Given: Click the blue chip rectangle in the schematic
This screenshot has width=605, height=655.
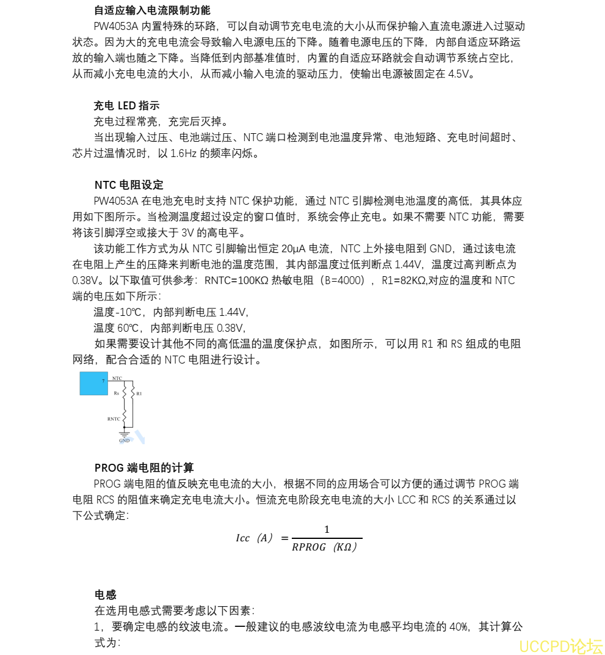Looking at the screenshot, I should [93, 383].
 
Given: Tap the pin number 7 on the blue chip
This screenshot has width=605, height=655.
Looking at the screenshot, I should [103, 381].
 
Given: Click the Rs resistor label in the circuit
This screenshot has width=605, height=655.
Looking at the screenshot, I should [116, 393].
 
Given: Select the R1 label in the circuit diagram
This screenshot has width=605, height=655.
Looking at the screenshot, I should [139, 393].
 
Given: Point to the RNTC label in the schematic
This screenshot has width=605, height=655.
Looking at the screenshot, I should [114, 419].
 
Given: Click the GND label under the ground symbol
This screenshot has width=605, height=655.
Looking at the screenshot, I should [124, 441].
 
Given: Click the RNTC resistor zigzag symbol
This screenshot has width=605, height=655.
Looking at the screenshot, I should [125, 418].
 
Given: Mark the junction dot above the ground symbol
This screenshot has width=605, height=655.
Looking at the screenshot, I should [125, 428].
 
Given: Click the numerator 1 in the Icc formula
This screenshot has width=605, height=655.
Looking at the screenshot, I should [327, 529].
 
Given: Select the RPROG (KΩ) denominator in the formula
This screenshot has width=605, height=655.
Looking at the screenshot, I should [324, 547].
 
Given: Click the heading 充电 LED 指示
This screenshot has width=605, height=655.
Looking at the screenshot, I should [126, 106].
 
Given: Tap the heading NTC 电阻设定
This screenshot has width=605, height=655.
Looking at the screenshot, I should [129, 185].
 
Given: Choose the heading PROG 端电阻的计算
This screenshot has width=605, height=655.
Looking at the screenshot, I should [144, 468].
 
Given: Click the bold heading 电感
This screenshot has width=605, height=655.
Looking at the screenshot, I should [105, 595].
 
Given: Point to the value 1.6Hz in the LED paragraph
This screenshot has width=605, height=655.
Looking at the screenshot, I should [183, 153].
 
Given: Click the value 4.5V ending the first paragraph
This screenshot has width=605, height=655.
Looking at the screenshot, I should [460, 74].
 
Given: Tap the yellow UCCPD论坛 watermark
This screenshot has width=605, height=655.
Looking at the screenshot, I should [560, 645].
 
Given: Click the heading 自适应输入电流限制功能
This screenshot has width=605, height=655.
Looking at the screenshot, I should [152, 10].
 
